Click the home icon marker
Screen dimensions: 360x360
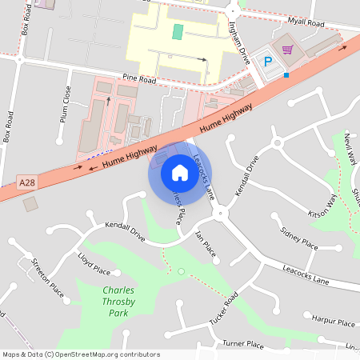pyautogui.click(x=179, y=172)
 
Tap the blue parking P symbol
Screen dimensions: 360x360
pyautogui.click(x=268, y=61)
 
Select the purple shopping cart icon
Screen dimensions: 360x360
pyautogui.click(x=287, y=50)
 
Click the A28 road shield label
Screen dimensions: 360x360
pyautogui.click(x=27, y=183)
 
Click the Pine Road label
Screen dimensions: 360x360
pyautogui.click(x=140, y=78)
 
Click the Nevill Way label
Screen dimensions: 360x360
pyautogui.click(x=350, y=147)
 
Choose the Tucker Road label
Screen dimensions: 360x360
pyautogui.click(x=225, y=309)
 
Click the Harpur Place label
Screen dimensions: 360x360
pyautogui.click(x=334, y=322)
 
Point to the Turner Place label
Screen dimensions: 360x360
pyautogui.click(x=243, y=344)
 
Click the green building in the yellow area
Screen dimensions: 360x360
pyautogui.click(x=177, y=32)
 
